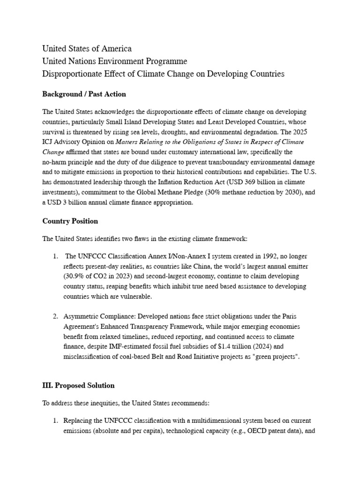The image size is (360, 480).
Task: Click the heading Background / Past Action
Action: click(x=84, y=94)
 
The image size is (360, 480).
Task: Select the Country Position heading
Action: click(x=70, y=221)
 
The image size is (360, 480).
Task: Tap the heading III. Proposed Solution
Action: click(x=78, y=385)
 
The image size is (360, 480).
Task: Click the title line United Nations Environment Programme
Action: click(x=114, y=61)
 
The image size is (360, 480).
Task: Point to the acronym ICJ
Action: click(x=49, y=142)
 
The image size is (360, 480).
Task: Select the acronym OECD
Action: click(x=249, y=431)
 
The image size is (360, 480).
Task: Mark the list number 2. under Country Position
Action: click(x=55, y=316)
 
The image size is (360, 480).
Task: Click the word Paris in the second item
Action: click(x=290, y=316)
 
